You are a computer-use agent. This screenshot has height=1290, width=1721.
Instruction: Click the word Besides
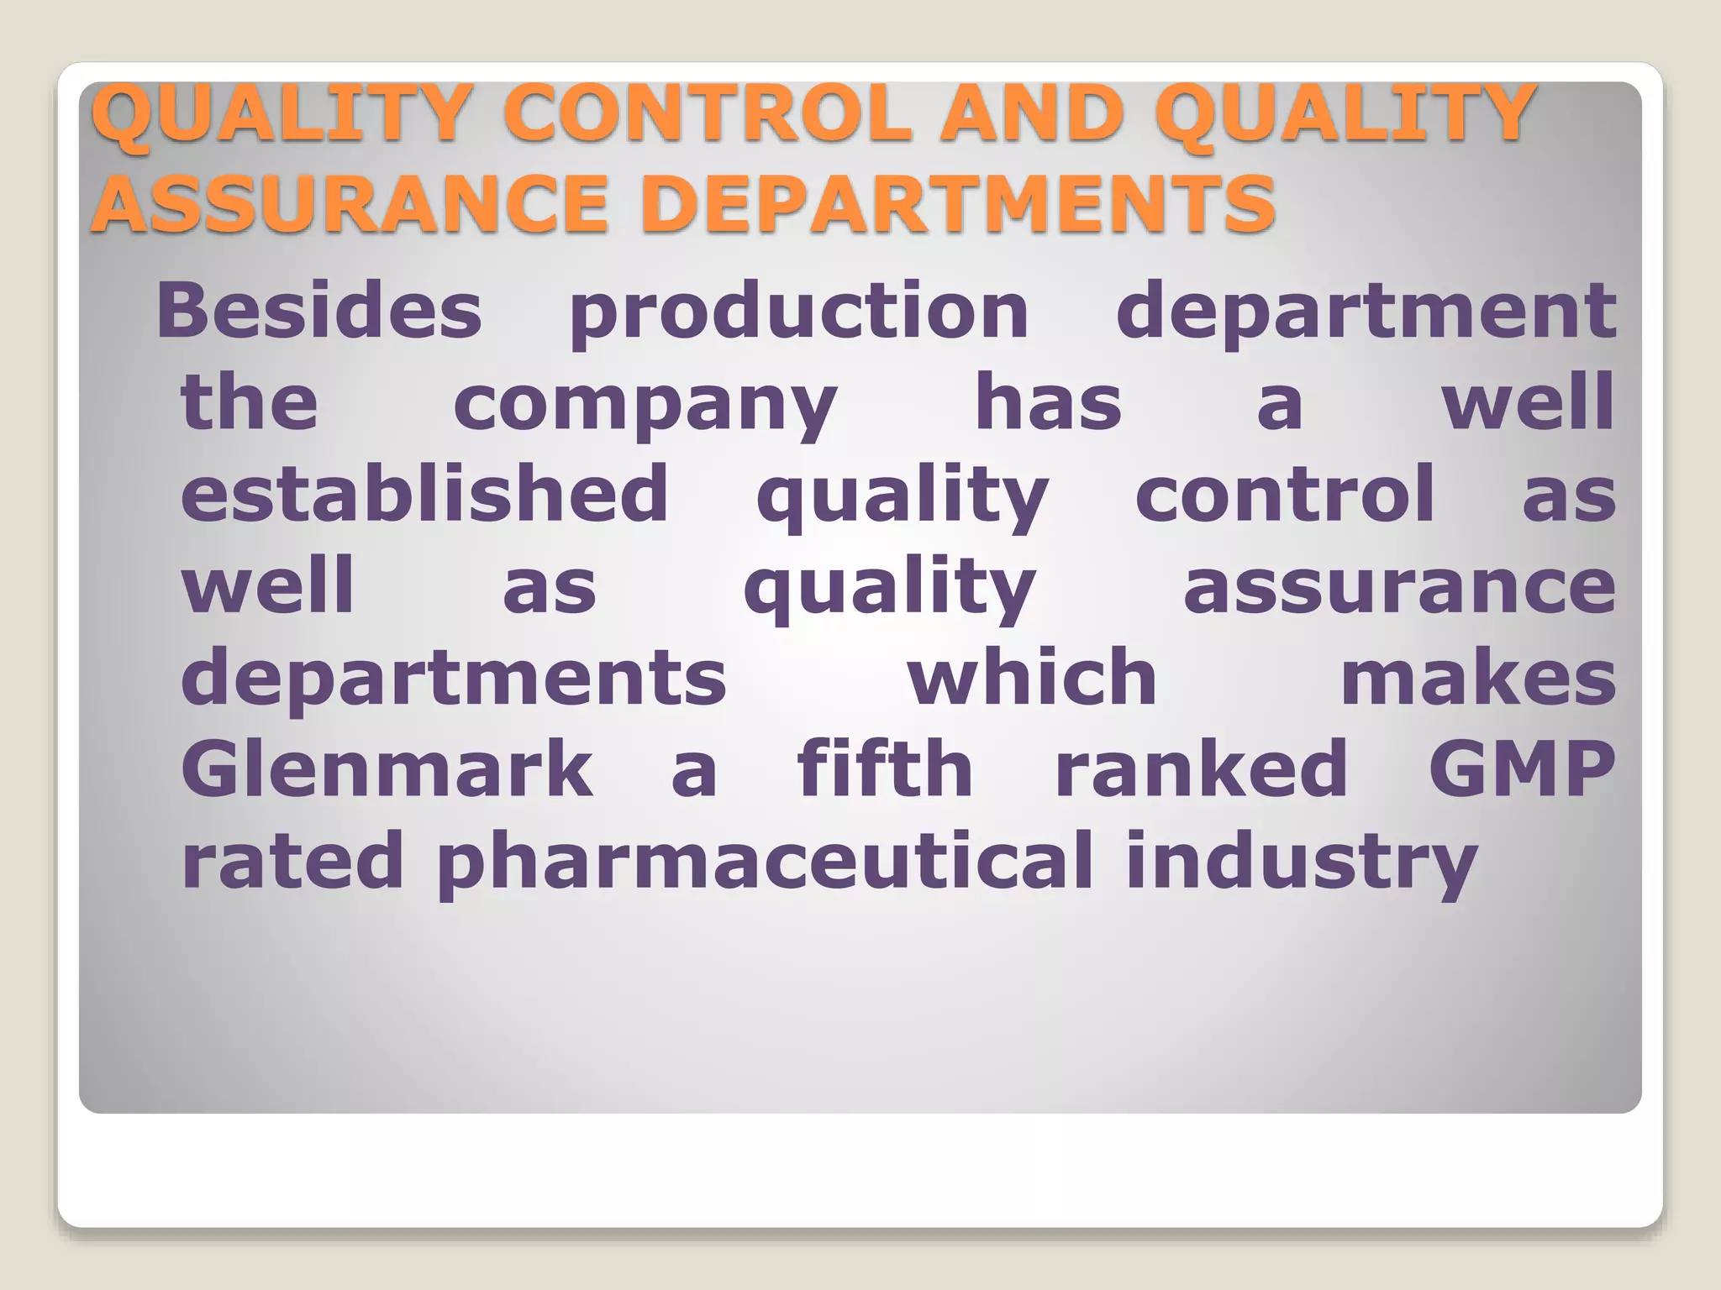(319, 311)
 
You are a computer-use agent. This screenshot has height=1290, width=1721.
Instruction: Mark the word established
(425, 493)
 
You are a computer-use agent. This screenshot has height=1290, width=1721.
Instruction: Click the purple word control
(1285, 494)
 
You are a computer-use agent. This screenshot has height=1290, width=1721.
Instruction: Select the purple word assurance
(1399, 587)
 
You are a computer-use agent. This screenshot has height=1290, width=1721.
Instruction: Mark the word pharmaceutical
(765, 863)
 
